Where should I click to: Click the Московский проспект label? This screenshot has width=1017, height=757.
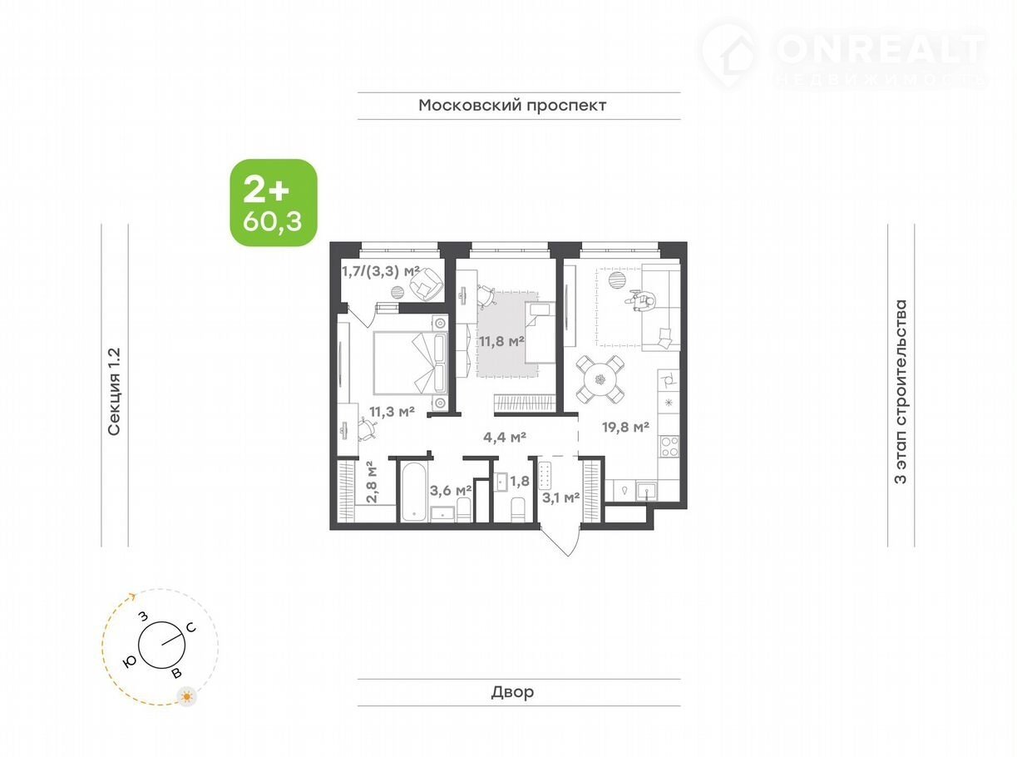512,106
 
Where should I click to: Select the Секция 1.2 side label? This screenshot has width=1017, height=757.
114,391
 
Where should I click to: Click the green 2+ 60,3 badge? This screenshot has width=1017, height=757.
274,202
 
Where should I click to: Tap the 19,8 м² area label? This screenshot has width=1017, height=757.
625,427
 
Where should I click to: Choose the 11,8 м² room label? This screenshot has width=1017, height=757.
501,341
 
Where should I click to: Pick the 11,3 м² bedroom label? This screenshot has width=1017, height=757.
392,412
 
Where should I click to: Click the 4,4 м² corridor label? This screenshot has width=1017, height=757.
505,438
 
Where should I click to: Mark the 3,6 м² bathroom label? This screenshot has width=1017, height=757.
451,491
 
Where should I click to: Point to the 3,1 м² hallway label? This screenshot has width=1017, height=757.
560,497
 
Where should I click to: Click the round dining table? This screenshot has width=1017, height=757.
600,380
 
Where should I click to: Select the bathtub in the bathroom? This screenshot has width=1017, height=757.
414,491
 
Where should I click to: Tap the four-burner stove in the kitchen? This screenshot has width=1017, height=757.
669,447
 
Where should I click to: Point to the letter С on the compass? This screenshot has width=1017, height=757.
191,627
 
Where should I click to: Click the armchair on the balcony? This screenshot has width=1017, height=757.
426,283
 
